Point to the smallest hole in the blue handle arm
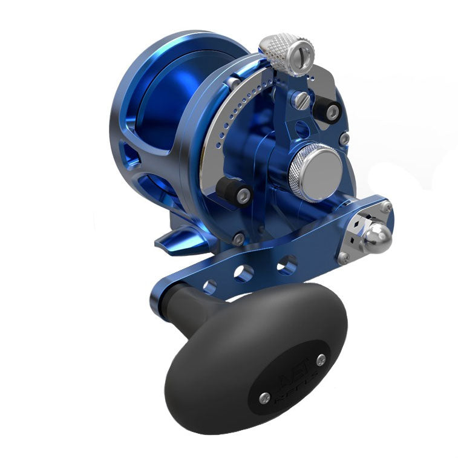tap(210, 286)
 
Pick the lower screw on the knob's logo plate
tap(264, 397)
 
